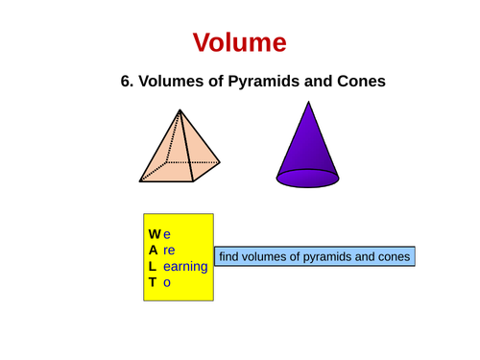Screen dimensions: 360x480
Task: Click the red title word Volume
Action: click(239, 42)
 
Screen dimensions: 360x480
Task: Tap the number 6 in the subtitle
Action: click(126, 83)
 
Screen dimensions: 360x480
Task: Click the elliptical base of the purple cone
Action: click(307, 178)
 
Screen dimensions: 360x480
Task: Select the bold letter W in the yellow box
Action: click(155, 233)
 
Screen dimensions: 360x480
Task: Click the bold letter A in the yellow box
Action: click(154, 250)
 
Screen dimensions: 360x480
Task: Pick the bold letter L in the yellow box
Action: click(154, 266)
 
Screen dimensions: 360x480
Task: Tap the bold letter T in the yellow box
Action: click(154, 282)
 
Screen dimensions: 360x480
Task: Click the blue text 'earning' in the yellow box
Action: click(185, 266)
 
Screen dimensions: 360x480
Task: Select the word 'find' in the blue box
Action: click(229, 257)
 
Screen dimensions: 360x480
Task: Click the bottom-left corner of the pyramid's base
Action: click(140, 180)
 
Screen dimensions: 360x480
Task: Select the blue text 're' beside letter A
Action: click(170, 250)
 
